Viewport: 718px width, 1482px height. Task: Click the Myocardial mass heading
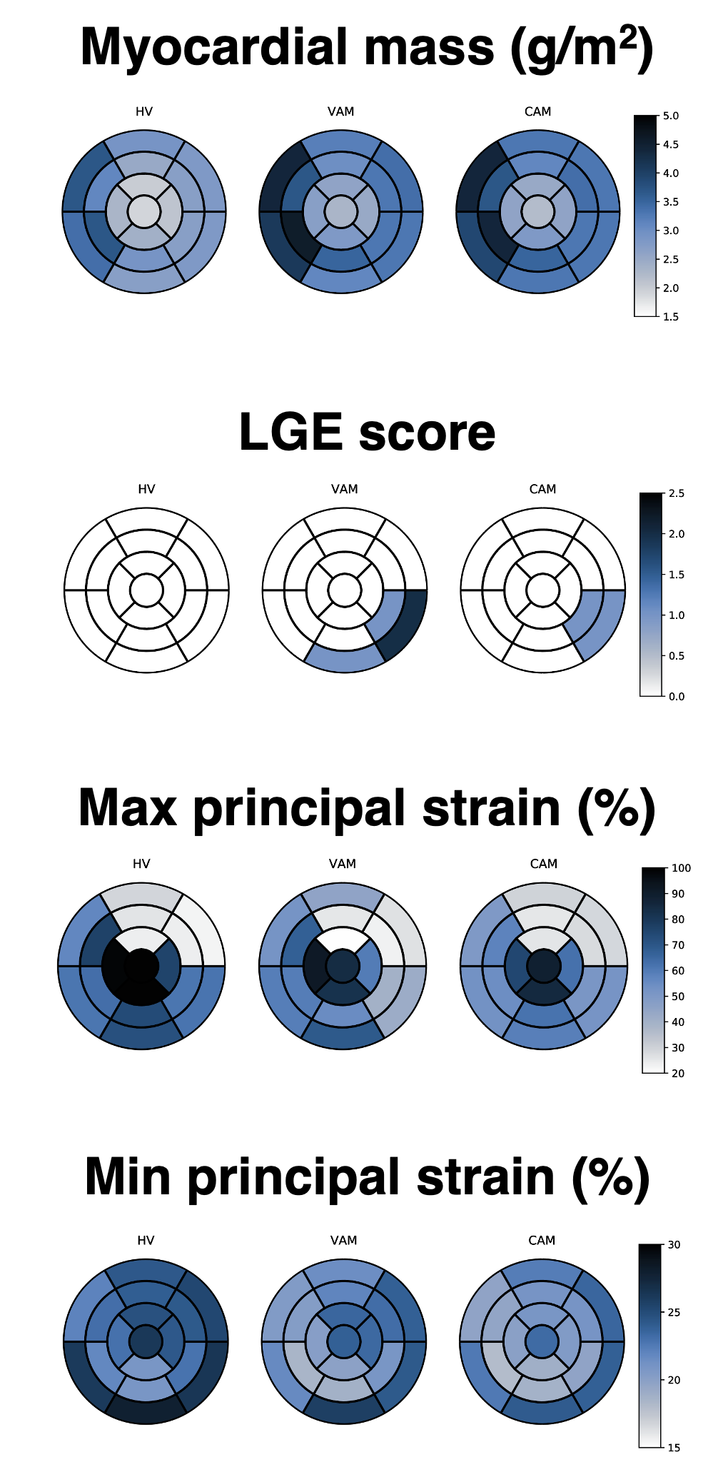click(x=367, y=48)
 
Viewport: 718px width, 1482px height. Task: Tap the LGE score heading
click(x=367, y=433)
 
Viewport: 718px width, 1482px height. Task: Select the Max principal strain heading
click(x=367, y=809)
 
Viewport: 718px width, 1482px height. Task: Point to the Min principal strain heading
click(x=367, y=1177)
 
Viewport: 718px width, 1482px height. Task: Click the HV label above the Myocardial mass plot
click(x=144, y=111)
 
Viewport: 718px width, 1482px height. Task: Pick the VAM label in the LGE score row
click(x=345, y=489)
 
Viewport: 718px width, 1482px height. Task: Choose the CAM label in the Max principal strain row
click(x=544, y=864)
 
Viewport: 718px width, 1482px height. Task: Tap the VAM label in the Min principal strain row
click(x=344, y=1240)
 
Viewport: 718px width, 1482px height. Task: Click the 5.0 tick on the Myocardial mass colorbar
click(x=670, y=116)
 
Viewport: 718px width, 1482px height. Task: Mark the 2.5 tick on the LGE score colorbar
click(x=677, y=493)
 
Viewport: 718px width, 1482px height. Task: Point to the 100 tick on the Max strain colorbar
click(x=681, y=868)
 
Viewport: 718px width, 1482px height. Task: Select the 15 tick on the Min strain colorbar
click(x=674, y=1448)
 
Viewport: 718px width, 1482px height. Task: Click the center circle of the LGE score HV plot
click(x=146, y=590)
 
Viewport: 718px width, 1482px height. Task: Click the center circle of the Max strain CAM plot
click(x=544, y=966)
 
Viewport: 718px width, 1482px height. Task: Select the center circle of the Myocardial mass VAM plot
click(x=341, y=211)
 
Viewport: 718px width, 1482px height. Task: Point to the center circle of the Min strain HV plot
click(x=146, y=1341)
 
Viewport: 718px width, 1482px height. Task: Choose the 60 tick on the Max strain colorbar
click(x=678, y=971)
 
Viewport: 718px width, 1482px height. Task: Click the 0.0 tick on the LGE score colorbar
click(x=677, y=696)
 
